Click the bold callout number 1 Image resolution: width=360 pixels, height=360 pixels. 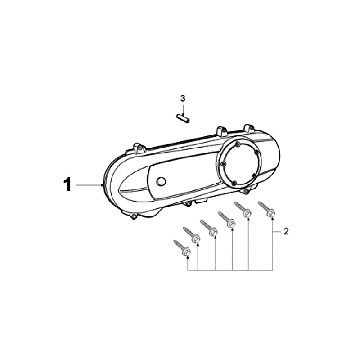point(68,185)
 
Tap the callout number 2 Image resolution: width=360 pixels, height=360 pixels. point(286,232)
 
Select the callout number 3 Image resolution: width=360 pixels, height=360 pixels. point(183,98)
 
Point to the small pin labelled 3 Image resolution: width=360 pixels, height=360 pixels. point(183,118)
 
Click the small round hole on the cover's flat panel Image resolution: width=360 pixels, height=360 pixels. point(161,181)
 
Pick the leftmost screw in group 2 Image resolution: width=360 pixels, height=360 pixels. point(182,249)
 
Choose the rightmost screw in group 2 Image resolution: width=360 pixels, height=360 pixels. point(267,210)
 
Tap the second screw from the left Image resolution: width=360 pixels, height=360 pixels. point(192,235)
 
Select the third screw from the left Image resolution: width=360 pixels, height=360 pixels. point(209,228)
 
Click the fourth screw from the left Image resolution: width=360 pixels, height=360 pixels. point(227,220)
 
